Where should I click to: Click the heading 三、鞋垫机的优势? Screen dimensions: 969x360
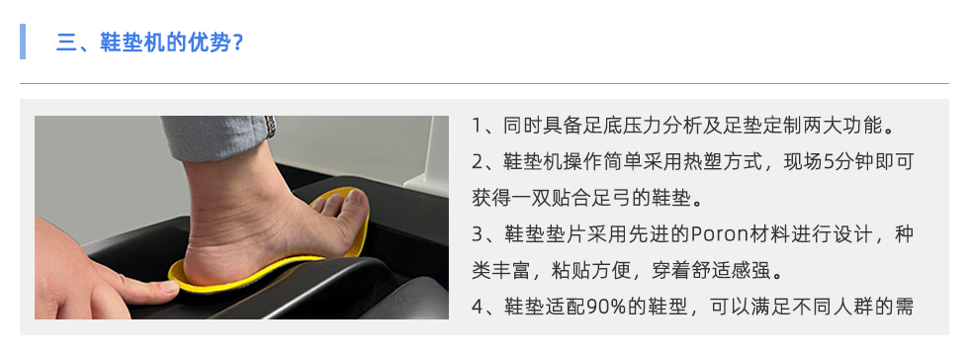point(149,43)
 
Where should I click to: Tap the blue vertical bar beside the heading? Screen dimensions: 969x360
point(23,42)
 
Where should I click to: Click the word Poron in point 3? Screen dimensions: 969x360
point(712,235)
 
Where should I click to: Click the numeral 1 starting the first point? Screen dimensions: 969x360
point(477,127)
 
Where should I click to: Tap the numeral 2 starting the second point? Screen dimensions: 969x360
point(477,163)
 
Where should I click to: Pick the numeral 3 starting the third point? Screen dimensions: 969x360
point(477,235)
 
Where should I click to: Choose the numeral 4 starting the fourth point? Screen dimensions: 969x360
point(477,307)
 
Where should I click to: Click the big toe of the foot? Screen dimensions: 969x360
point(354,204)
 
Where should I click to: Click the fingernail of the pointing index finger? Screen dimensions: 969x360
point(168,287)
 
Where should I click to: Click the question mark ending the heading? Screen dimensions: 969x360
point(238,44)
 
